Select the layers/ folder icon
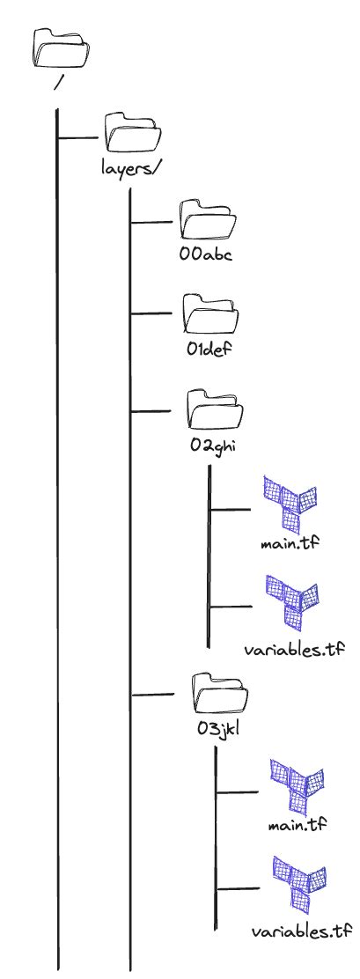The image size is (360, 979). (x=129, y=133)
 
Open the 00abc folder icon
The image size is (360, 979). (x=202, y=221)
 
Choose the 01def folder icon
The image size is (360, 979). (x=208, y=313)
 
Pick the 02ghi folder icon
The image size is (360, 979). (x=214, y=408)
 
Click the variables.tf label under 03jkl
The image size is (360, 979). (x=301, y=931)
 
